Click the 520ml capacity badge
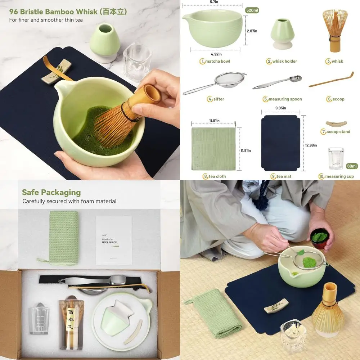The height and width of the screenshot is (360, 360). click(x=252, y=10)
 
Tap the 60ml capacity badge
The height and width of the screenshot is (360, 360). click(x=351, y=166)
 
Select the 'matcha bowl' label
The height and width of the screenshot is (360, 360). click(x=217, y=61)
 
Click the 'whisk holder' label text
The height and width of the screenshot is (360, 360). click(x=284, y=61)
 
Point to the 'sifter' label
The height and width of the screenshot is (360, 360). click(x=218, y=99)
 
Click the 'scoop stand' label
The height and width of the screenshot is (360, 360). click(x=338, y=132)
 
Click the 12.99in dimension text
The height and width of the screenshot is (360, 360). click(x=310, y=145)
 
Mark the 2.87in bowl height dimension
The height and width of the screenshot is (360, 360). click(x=252, y=31)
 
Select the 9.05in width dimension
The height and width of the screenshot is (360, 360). click(x=281, y=108)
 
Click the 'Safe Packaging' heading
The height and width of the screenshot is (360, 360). click(x=51, y=192)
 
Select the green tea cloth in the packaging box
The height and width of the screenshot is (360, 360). click(x=63, y=238)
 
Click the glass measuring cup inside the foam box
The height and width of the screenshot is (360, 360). click(x=42, y=320)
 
